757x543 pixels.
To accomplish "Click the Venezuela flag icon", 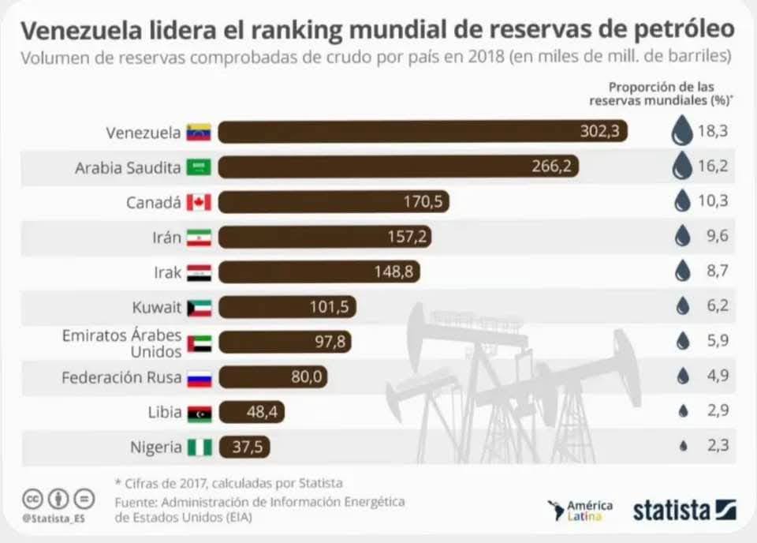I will pyautogui.click(x=199, y=133).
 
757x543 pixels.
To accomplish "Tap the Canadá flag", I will pyautogui.click(x=199, y=202).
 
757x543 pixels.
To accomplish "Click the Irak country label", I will pyautogui.click(x=167, y=272).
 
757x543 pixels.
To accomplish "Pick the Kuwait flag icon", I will pyautogui.click(x=199, y=307).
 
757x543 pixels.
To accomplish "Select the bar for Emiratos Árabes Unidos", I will pyautogui.click(x=285, y=342).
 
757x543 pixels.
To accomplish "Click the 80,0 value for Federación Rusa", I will pyautogui.click(x=306, y=377).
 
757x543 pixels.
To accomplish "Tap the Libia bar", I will pyautogui.click(x=252, y=412).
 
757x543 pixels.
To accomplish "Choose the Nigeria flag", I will pyautogui.click(x=200, y=448).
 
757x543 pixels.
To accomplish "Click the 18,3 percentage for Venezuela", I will pyautogui.click(x=711, y=131).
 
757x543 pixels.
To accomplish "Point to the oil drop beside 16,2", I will pyautogui.click(x=682, y=166).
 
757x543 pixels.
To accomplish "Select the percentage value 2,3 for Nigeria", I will pyautogui.click(x=711, y=446).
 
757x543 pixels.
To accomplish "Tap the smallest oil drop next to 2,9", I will pyautogui.click(x=683, y=411).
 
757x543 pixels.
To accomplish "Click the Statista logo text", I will pyautogui.click(x=672, y=510).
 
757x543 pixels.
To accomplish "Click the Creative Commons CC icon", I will pyautogui.click(x=31, y=499).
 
